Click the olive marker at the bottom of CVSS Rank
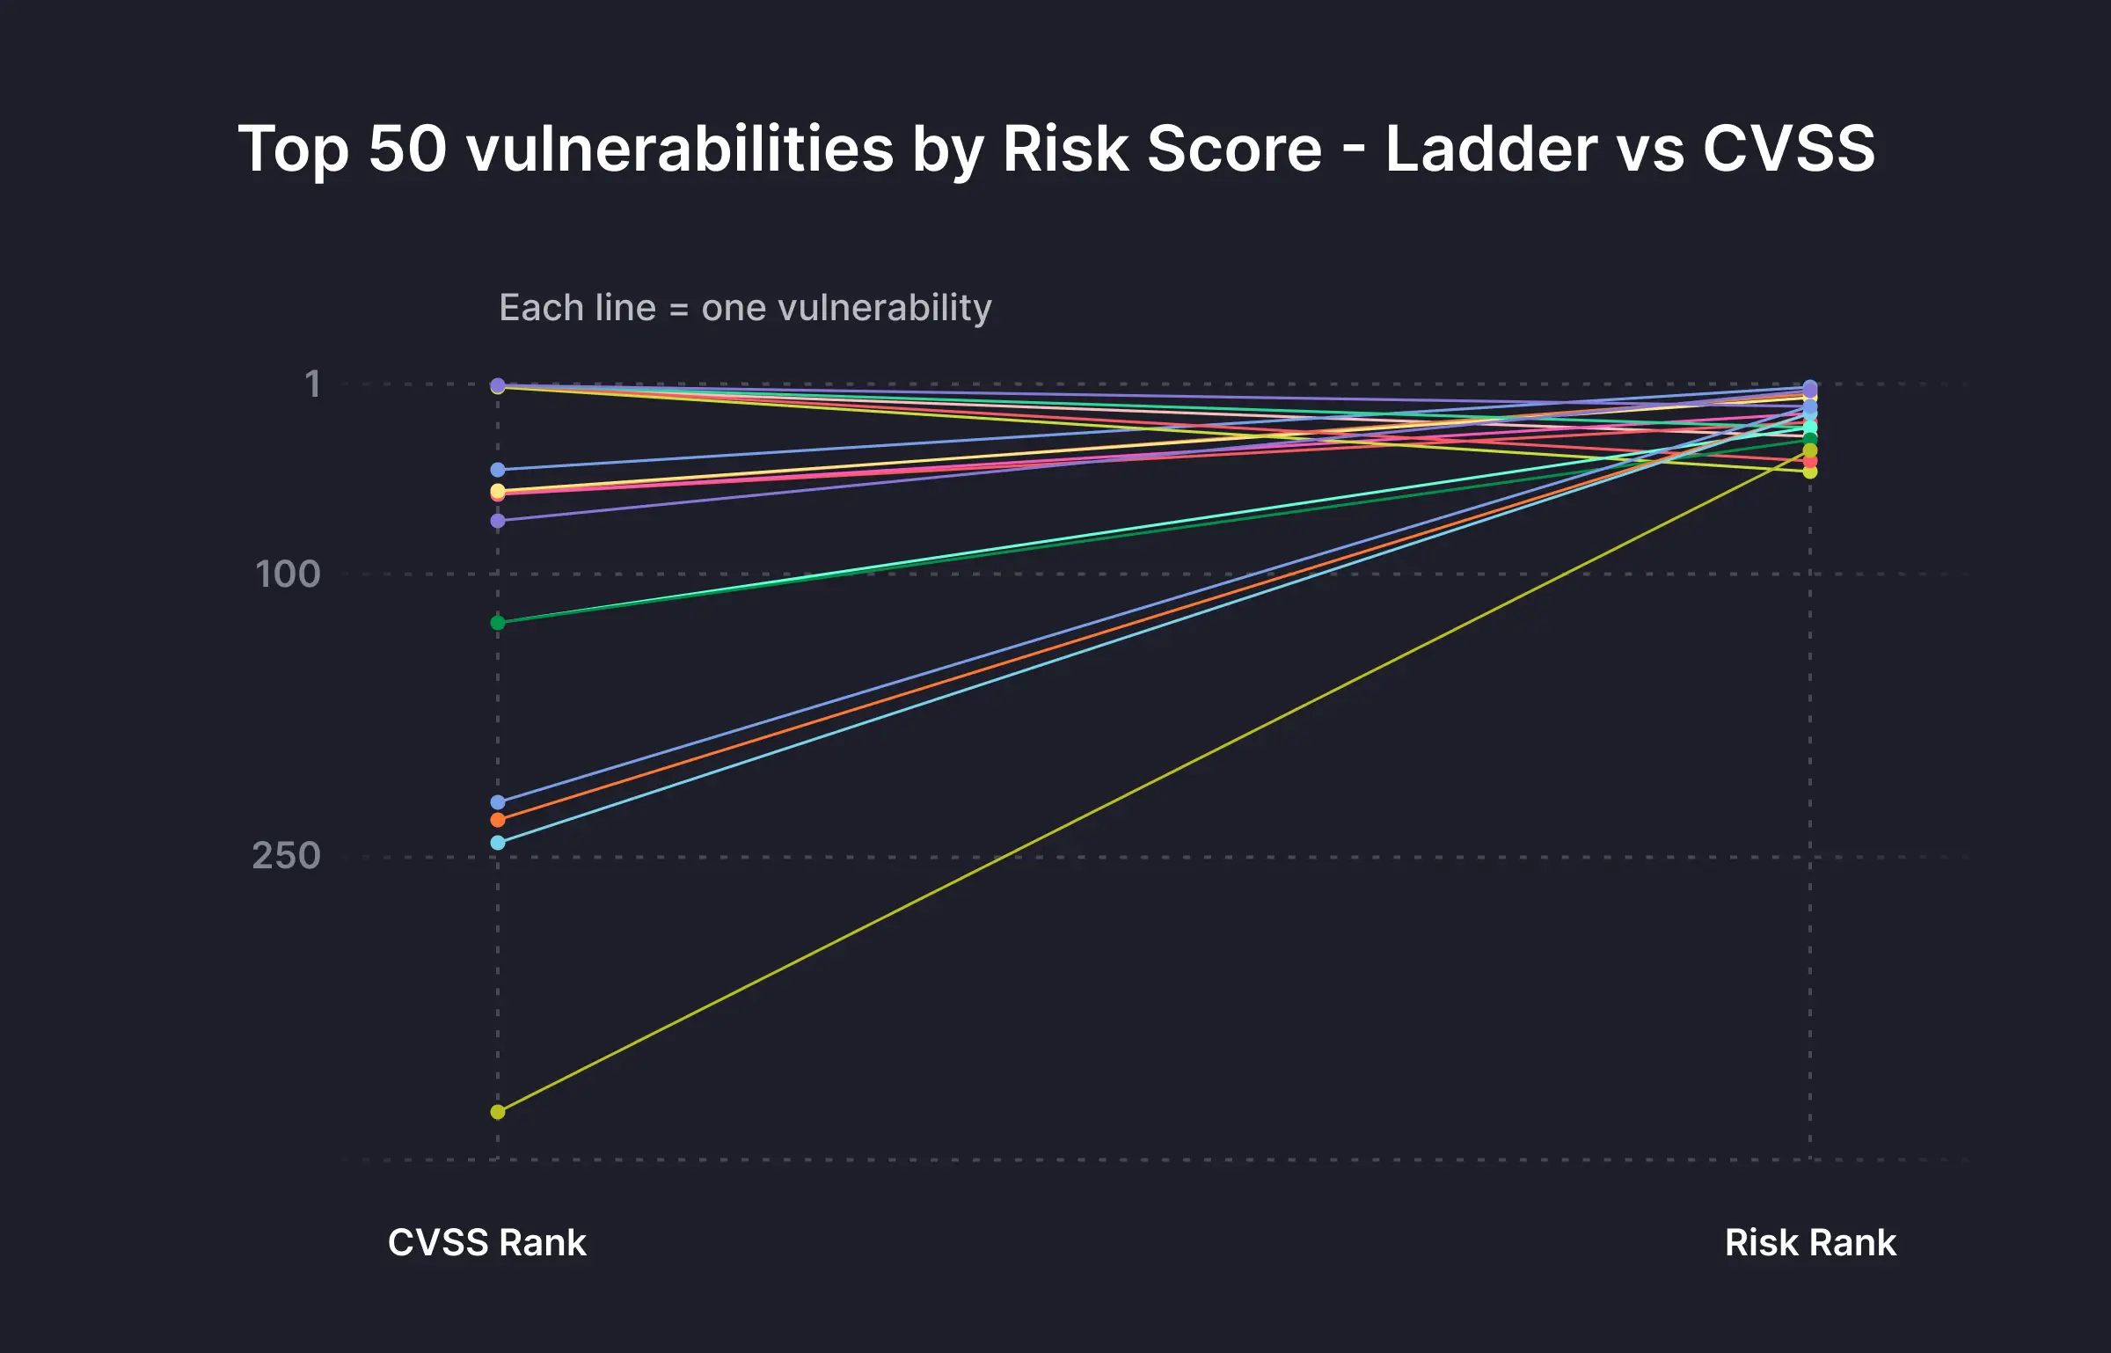pos(498,1112)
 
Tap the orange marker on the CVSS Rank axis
pos(498,820)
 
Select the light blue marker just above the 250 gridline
pos(498,843)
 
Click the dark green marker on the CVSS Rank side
pos(498,623)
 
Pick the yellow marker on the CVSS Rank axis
pos(498,490)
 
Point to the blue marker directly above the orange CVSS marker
pos(498,802)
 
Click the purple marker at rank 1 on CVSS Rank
pos(498,385)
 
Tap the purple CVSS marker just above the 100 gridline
pos(498,521)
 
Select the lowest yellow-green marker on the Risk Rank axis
pos(1810,472)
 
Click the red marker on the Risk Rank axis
pos(1810,461)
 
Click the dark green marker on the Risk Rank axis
pos(1810,439)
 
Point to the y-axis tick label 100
pos(288,574)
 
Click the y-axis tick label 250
pos(287,856)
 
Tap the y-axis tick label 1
pos(312,384)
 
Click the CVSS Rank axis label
pos(486,1242)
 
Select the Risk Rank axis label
pos(1810,1242)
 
